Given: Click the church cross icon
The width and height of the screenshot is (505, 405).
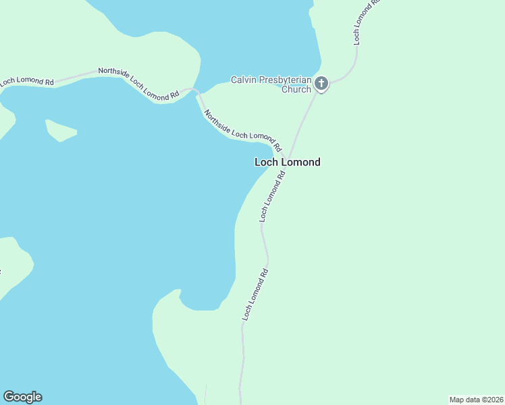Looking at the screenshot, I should [321, 84].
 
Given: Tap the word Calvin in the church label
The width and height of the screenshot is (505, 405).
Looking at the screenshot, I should [244, 80].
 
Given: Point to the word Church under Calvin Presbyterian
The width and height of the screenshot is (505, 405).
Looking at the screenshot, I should [296, 89].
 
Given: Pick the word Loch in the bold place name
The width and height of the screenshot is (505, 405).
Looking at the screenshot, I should [266, 162].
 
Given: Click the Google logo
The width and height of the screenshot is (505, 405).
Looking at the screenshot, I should [22, 397].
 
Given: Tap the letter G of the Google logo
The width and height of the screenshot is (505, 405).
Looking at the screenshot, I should [8, 397].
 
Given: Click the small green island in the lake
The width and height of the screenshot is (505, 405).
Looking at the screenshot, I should [60, 130].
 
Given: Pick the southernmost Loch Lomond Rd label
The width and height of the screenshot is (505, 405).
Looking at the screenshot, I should [255, 295].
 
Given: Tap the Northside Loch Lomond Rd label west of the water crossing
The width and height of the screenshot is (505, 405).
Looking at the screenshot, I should [138, 84].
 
